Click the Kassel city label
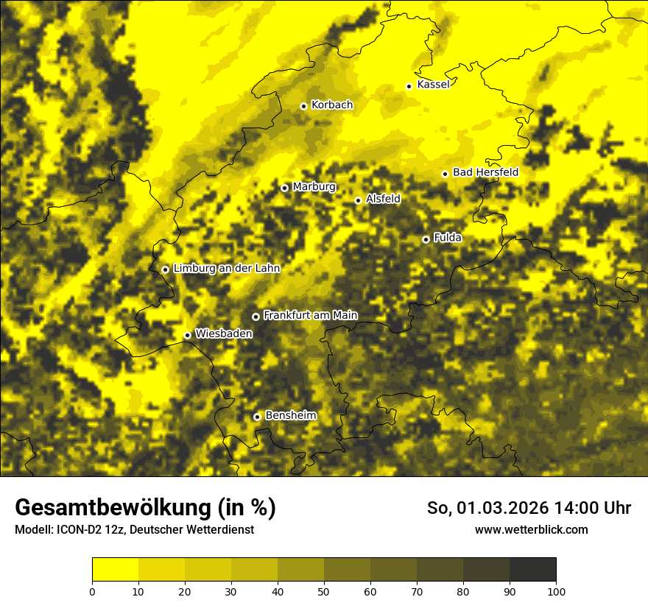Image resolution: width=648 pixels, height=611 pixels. pyautogui.click(x=433, y=85)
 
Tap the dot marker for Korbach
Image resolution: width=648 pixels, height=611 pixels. pyautogui.click(x=303, y=106)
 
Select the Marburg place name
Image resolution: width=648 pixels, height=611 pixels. pyautogui.click(x=314, y=187)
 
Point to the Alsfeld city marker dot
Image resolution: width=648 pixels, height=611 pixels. pyautogui.click(x=358, y=200)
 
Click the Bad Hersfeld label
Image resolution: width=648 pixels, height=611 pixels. pyautogui.click(x=485, y=172)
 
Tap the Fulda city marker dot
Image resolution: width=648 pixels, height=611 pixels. pyautogui.click(x=426, y=239)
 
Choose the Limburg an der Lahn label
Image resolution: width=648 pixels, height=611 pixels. pyautogui.click(x=226, y=269)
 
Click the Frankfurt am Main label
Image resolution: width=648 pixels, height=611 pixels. pyautogui.click(x=310, y=315)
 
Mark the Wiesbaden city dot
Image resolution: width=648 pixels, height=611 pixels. pyautogui.click(x=188, y=335)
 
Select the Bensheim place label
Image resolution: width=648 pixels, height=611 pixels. pyautogui.click(x=290, y=415)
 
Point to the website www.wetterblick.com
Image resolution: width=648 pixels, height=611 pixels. pyautogui.click(x=531, y=529)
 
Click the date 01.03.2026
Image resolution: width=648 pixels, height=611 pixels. pyautogui.click(x=499, y=508)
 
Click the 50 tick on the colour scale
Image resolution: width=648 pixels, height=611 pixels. pyautogui.click(x=324, y=590)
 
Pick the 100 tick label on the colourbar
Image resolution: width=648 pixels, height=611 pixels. pyautogui.click(x=556, y=590)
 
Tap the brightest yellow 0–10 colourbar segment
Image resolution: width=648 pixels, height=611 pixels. pyautogui.click(x=115, y=570)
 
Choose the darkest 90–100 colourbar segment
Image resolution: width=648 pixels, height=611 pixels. pyautogui.click(x=532, y=570)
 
